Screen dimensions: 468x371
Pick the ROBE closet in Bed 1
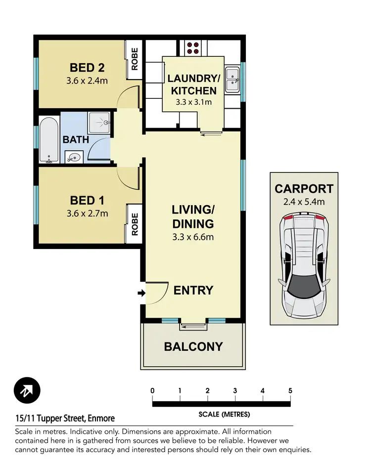134,223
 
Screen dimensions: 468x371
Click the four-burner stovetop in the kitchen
192,47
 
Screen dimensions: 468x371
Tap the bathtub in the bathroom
49,140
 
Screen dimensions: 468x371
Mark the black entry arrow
141,294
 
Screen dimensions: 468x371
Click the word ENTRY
193,290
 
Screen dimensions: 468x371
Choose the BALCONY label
193,346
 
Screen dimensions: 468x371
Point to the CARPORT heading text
304,188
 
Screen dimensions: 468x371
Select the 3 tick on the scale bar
235,391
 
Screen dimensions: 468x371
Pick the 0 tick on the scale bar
152,391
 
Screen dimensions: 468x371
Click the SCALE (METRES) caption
224,414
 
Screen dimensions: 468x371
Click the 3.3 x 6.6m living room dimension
193,237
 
